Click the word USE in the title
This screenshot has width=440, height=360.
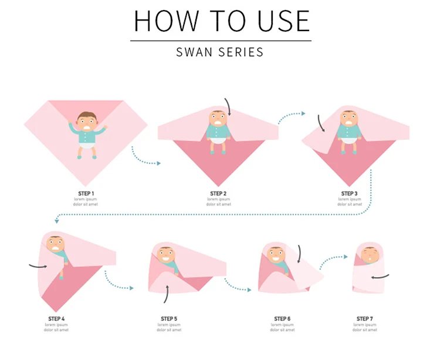(x=283, y=21)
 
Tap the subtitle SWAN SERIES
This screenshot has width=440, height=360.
(x=220, y=52)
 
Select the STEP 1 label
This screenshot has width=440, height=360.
(x=86, y=193)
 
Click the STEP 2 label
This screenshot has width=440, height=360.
(x=218, y=193)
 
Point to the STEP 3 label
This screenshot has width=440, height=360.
(x=350, y=193)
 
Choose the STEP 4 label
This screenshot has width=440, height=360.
(x=56, y=319)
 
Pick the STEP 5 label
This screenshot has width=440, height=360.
(x=169, y=319)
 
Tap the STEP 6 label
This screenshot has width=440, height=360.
(x=282, y=319)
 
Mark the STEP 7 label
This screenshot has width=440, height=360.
(x=364, y=319)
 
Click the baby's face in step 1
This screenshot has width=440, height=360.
(x=87, y=122)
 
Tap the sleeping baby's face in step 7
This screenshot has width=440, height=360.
(x=370, y=255)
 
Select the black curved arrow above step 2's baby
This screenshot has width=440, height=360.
(x=228, y=107)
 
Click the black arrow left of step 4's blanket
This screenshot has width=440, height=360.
(x=38, y=266)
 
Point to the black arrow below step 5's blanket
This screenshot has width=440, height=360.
(x=167, y=294)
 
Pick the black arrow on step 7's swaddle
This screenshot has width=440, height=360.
(x=380, y=277)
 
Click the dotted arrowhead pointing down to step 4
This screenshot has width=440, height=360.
(x=57, y=221)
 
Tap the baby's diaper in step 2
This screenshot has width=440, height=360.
(x=218, y=141)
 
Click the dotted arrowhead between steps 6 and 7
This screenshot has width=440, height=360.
(x=346, y=257)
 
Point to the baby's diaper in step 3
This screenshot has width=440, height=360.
(x=349, y=140)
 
